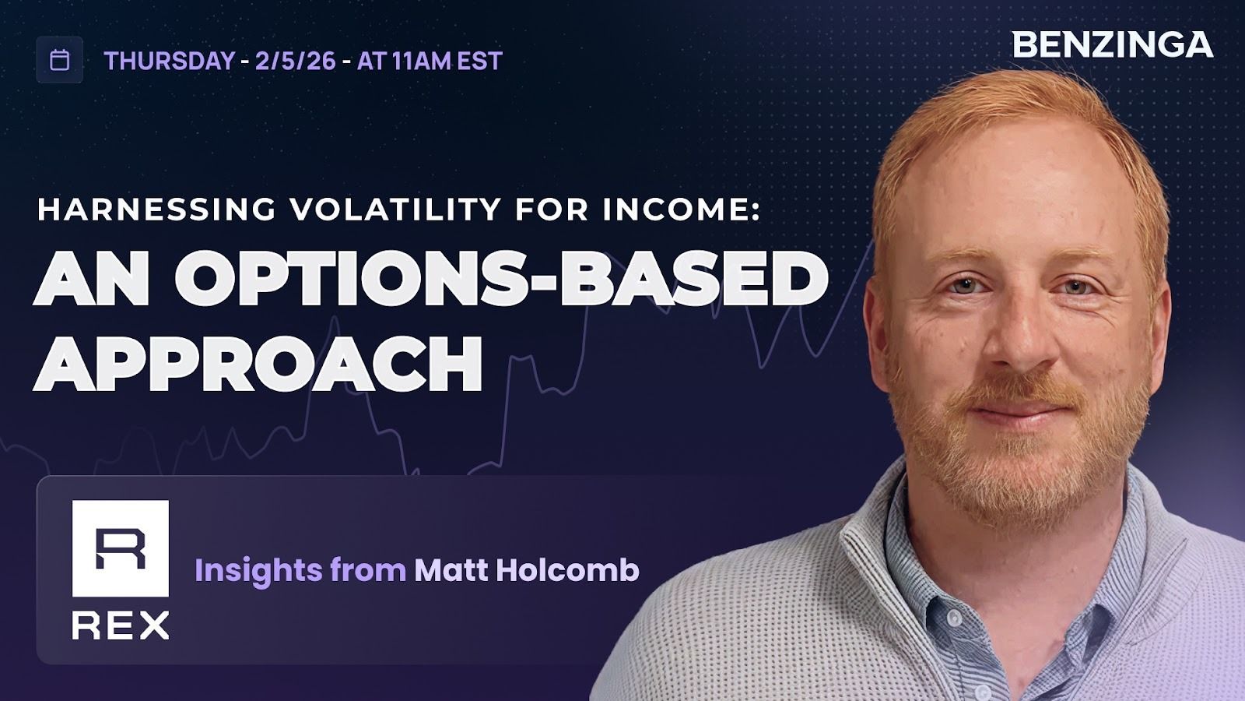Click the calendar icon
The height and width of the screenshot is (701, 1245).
coord(59,60)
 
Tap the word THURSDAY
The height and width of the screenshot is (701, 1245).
coord(170,61)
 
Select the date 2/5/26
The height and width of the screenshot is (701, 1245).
coord(296,61)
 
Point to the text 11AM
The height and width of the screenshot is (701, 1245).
coord(421,61)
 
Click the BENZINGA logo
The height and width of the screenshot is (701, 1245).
coord(1113,45)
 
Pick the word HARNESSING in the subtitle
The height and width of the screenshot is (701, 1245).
coord(156,210)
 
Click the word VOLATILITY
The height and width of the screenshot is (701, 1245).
coord(396,210)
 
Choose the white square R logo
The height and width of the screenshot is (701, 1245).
coord(121,548)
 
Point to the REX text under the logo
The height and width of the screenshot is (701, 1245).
coord(121,625)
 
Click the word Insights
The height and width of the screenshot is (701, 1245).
coord(258,571)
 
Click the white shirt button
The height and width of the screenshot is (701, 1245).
coord(954,618)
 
